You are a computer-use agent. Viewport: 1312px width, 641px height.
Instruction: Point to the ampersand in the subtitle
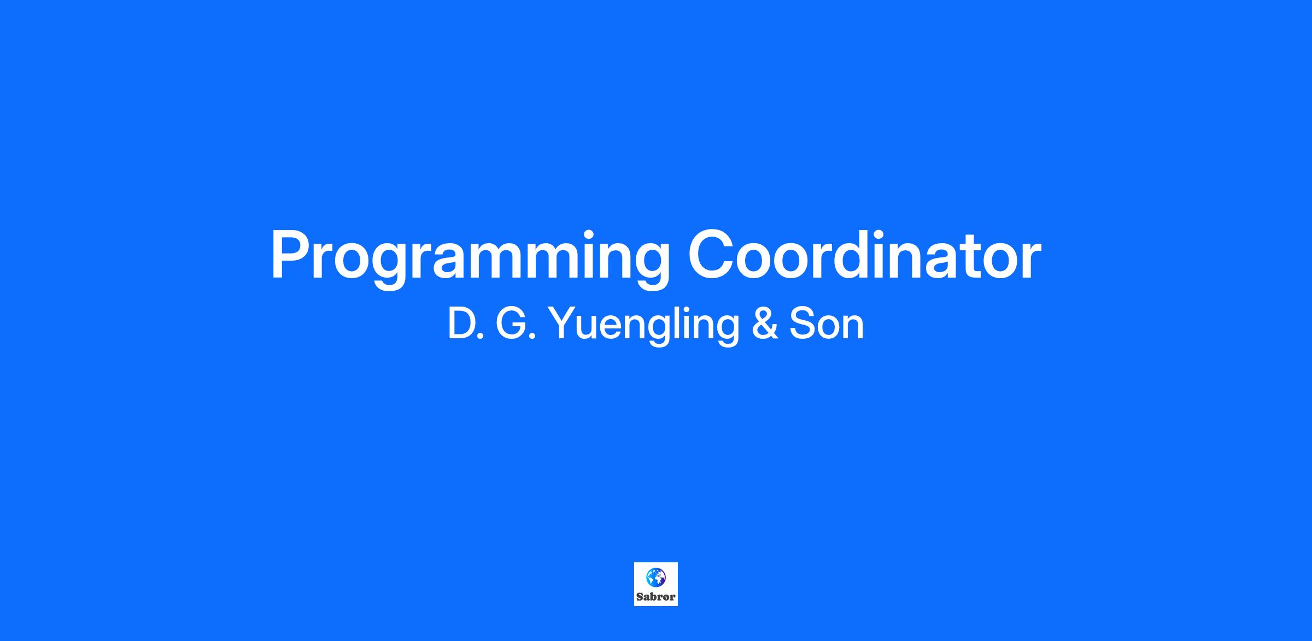765,324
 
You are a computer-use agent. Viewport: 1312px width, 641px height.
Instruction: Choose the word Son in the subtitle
827,324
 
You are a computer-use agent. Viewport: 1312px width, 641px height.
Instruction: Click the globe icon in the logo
655,577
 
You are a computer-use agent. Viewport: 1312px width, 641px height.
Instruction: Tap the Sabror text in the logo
656,597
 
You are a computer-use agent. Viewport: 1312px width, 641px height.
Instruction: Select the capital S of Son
803,324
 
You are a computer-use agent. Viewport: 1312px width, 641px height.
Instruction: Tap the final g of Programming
651,267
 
